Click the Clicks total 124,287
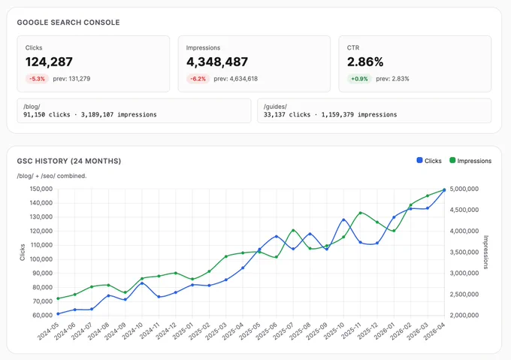click(x=49, y=62)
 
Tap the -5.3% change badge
click(x=37, y=79)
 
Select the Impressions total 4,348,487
click(x=217, y=62)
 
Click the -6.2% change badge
click(x=198, y=79)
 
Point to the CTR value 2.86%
click(x=365, y=62)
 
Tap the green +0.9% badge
click(x=359, y=79)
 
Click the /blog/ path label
click(x=32, y=107)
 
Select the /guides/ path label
click(x=275, y=107)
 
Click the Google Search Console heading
click(x=68, y=23)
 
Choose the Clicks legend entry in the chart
click(x=429, y=161)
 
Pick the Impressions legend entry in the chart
click(x=470, y=161)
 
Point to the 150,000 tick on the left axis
click(x=41, y=189)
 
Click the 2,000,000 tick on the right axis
click(x=464, y=315)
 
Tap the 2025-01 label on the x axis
click(x=183, y=331)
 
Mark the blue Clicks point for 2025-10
click(x=343, y=220)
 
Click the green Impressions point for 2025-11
click(x=361, y=213)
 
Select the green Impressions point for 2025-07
click(x=293, y=230)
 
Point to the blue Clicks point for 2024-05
click(x=58, y=313)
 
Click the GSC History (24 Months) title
click(x=69, y=161)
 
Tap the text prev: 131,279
click(x=71, y=79)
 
